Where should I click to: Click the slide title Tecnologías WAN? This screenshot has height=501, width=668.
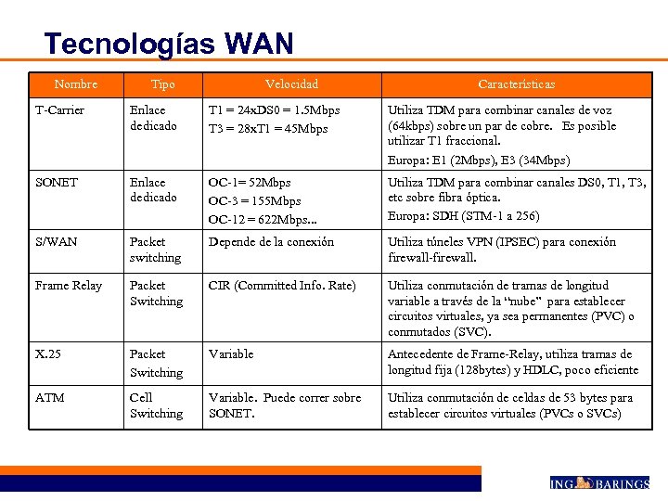(169, 44)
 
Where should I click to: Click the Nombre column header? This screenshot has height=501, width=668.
(76, 84)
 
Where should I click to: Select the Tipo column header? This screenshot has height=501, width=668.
(162, 84)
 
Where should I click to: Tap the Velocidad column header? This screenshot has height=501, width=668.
(291, 84)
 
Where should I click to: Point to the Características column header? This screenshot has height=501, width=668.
(517, 84)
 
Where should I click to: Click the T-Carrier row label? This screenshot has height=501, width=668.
(59, 110)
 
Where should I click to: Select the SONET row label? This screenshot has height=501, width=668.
(57, 182)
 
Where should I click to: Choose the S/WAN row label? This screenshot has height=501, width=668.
(57, 242)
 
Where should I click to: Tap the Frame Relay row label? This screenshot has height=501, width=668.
(69, 286)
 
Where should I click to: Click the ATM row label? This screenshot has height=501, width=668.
(50, 398)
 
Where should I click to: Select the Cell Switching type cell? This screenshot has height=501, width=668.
(156, 405)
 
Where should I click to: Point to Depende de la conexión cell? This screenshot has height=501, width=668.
(271, 242)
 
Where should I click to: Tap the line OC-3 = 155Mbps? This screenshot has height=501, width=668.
(254, 200)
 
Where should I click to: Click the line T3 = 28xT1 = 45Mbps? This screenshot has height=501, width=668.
(268, 128)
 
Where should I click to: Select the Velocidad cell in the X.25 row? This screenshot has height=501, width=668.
(231, 354)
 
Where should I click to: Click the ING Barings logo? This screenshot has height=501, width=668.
(598, 482)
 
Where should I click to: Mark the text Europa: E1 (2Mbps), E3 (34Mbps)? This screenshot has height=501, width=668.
(479, 160)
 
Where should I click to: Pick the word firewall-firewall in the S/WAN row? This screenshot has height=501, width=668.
(431, 258)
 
